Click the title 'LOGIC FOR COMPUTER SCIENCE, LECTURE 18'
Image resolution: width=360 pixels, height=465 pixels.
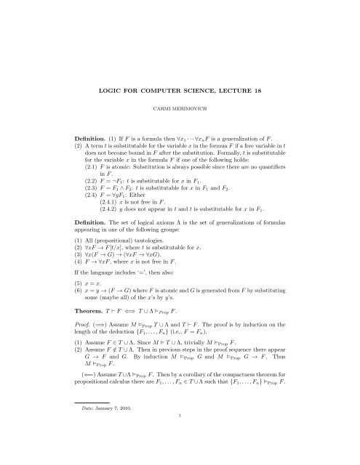pyautogui.click(x=180, y=95)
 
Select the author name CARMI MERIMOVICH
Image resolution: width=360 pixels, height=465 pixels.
pyautogui.click(x=180, y=114)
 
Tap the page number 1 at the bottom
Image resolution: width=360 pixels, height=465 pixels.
pyautogui.click(x=180, y=456)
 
